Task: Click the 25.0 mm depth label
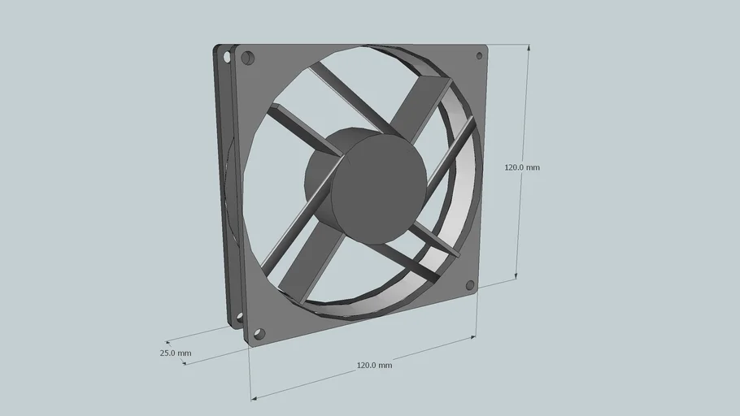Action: [x=175, y=353]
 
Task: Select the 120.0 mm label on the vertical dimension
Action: [x=521, y=167]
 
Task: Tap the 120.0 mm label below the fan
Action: [x=374, y=366]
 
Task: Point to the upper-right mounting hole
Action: [x=479, y=56]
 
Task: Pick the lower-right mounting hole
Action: [x=470, y=285]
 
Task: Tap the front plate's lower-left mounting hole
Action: [x=259, y=333]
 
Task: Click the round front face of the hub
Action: [x=379, y=188]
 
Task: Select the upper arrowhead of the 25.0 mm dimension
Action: [x=169, y=342]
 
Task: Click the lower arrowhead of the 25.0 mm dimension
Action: [x=186, y=362]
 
